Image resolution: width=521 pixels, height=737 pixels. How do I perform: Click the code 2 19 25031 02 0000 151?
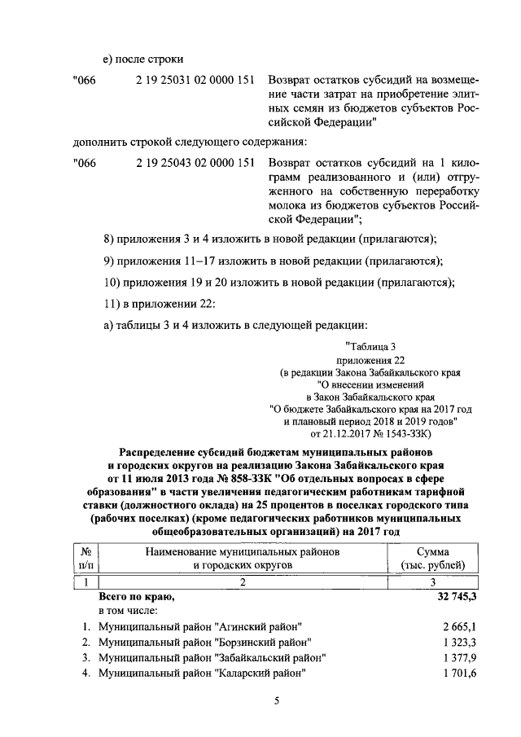click(195, 81)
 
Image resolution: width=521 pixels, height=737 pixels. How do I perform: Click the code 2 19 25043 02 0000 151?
click(195, 163)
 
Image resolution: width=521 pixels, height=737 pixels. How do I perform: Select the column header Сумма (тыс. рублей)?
click(433, 558)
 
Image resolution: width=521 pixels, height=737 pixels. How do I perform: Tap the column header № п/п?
click(85, 558)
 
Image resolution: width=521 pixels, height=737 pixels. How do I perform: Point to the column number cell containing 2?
click(242, 581)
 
